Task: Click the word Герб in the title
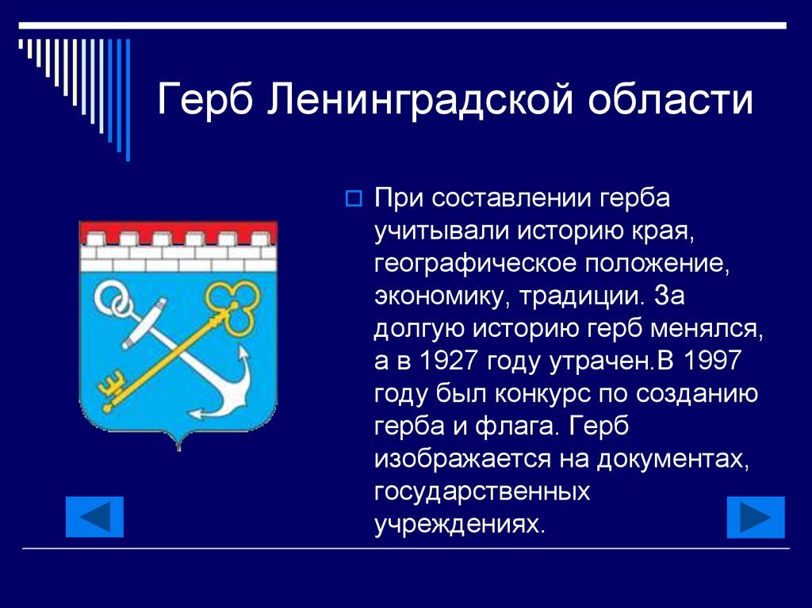[x=205, y=98]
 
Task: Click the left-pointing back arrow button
[x=95, y=517]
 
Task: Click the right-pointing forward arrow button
[x=756, y=517]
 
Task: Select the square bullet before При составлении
[x=354, y=198]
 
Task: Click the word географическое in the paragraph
[x=475, y=264]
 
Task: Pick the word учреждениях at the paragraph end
[x=460, y=524]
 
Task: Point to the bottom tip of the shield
[x=178, y=449]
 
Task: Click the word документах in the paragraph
[x=672, y=459]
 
